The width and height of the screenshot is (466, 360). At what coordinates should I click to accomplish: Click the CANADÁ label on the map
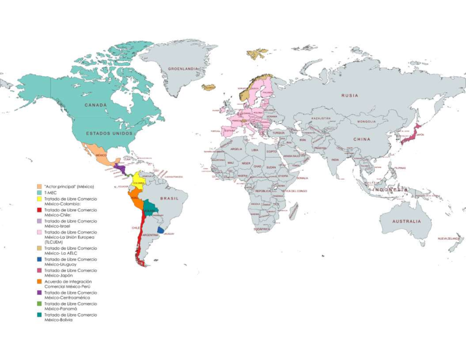click(x=96, y=105)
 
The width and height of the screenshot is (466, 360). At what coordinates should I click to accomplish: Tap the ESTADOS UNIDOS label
click(x=109, y=133)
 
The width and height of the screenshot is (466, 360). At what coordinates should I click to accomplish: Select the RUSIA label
click(x=349, y=95)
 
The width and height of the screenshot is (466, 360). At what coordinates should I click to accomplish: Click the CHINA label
click(x=362, y=139)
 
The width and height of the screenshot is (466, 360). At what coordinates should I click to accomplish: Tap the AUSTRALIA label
click(x=406, y=221)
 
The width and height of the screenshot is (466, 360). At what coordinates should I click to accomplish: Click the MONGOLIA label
click(x=367, y=122)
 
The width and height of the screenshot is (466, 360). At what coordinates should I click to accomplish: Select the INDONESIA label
click(x=390, y=190)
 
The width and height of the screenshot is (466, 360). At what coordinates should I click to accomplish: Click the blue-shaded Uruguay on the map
click(x=160, y=230)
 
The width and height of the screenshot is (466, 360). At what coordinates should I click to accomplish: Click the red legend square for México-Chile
click(x=39, y=210)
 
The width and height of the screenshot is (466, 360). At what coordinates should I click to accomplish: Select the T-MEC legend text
click(x=50, y=193)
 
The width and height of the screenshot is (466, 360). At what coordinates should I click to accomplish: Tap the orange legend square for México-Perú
click(x=39, y=282)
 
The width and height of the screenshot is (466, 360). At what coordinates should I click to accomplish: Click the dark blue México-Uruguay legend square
click(x=39, y=259)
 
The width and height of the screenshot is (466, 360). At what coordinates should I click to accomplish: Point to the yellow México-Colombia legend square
click(x=39, y=199)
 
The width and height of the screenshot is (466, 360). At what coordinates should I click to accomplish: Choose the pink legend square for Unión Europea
click(x=39, y=232)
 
